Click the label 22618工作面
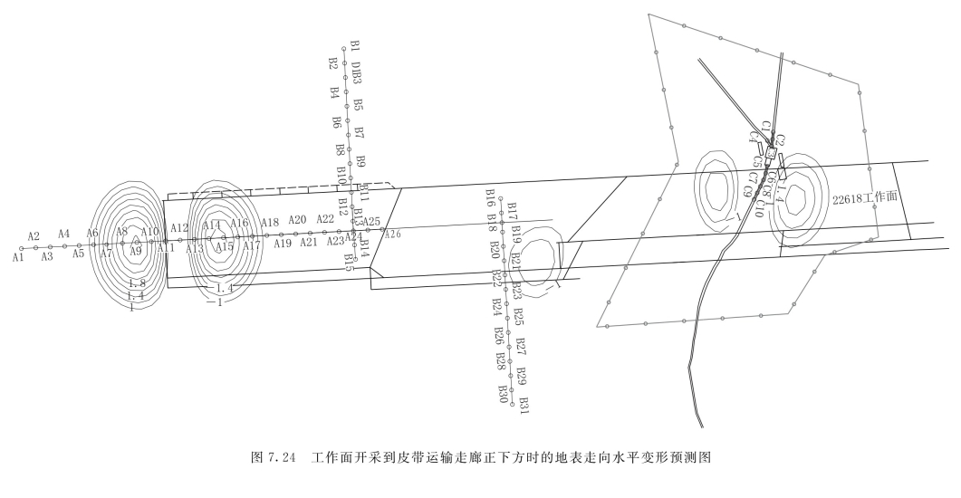point(865,197)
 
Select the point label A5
point(79,254)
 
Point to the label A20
point(298,220)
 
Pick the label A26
point(392,235)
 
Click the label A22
point(326,219)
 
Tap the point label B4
point(334,92)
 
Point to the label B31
point(523,404)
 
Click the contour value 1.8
point(137,284)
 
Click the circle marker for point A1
point(21,248)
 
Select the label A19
point(283,243)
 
